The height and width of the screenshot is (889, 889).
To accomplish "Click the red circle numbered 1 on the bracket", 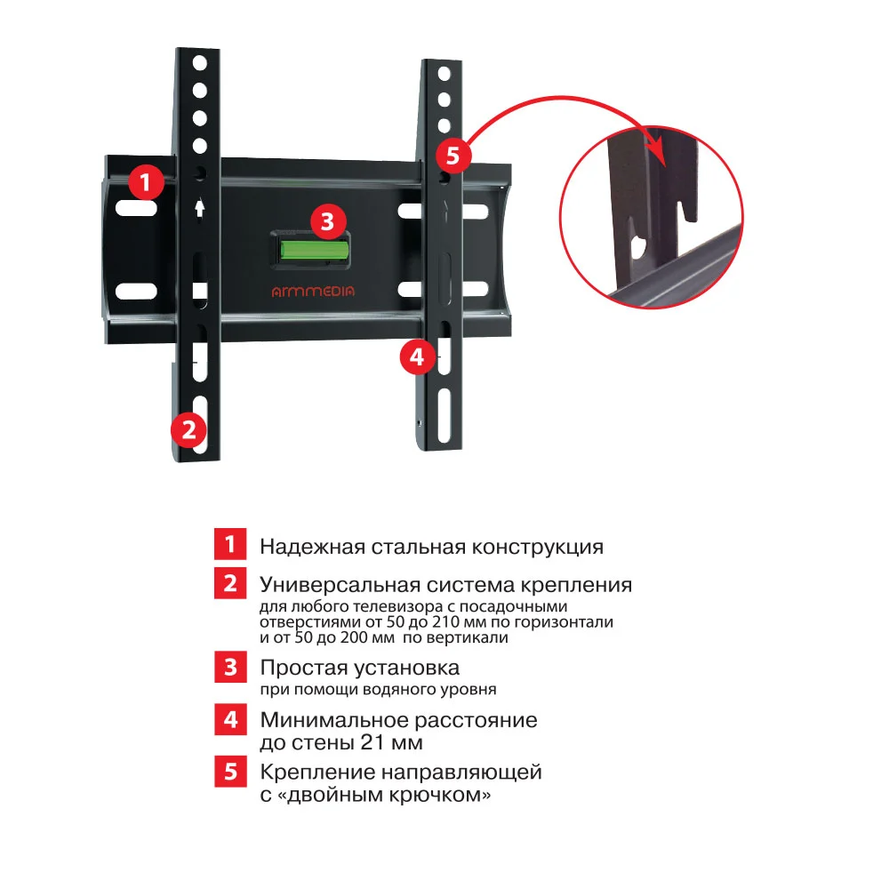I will click(x=146, y=183).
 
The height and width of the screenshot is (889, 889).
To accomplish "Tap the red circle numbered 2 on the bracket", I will click(x=188, y=429).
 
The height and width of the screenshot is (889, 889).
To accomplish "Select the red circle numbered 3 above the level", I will click(x=327, y=220).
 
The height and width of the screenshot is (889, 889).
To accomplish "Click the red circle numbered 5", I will click(x=453, y=156).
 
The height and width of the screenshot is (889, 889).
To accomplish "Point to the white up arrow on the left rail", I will click(x=200, y=207).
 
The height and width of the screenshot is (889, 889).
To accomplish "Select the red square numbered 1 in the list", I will click(x=229, y=545).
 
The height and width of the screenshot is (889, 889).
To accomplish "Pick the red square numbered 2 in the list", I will click(x=229, y=584).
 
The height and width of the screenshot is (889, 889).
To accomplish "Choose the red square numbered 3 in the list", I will click(x=229, y=667).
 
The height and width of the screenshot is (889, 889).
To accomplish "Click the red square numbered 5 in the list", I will click(x=229, y=771).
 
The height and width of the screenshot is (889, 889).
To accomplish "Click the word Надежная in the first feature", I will click(x=300, y=546).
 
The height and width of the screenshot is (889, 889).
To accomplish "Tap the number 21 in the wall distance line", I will click(x=375, y=742).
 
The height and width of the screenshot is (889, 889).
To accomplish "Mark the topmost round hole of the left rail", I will click(x=200, y=63).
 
